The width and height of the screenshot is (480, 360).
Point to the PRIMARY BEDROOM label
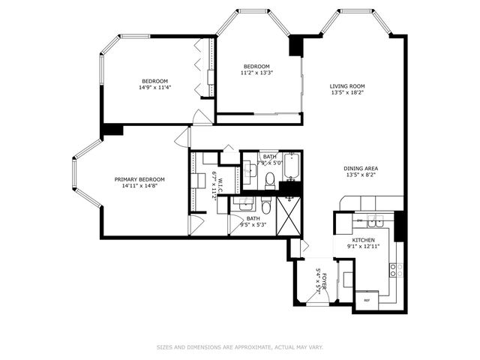coord(139,179)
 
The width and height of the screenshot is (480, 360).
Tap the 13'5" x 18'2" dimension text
coord(347,94)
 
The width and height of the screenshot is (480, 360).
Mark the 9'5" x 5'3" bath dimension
coord(253,224)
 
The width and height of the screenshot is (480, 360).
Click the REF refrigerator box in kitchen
coord(367,299)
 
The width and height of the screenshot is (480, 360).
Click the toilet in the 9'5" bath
coord(266,206)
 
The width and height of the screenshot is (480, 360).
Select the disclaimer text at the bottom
coord(239,347)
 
